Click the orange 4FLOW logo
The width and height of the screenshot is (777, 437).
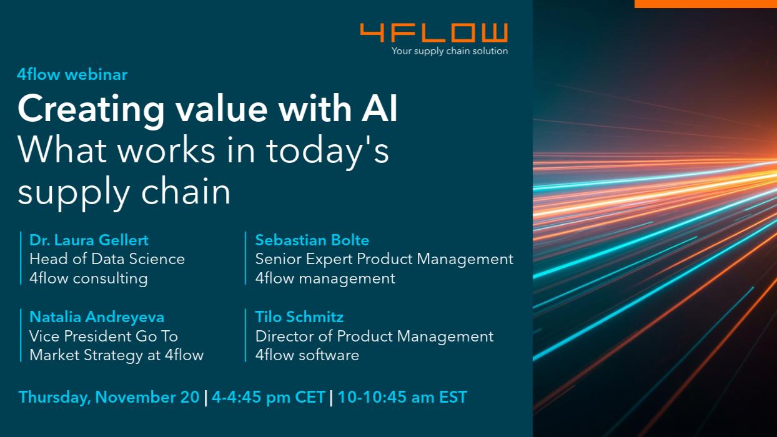coord(434,32)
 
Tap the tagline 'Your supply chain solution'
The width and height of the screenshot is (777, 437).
coord(450,51)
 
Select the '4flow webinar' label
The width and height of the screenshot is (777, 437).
coord(72,74)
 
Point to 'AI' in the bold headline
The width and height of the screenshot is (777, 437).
coord(380,108)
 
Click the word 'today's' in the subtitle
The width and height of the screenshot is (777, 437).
coord(327,151)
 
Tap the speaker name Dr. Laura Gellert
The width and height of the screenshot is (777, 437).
coord(89,240)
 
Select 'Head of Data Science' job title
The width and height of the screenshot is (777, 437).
coord(107,259)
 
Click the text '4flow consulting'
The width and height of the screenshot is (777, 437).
coord(89,278)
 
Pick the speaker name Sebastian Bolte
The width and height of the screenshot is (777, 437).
coord(312,240)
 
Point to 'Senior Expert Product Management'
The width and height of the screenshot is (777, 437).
coord(384,260)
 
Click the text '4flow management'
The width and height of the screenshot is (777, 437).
coord(325,278)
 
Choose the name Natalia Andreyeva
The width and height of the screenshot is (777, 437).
coord(97,317)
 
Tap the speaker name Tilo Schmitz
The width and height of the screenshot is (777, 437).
coord(299,317)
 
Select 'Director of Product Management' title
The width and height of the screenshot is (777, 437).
coord(374,336)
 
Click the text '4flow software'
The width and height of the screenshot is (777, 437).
coord(307,355)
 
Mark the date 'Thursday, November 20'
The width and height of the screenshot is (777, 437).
coord(109,398)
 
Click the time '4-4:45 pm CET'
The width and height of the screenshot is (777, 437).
coord(269,398)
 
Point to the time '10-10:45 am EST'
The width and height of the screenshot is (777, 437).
coord(402,397)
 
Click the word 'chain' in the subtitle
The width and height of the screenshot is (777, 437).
coord(186,191)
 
